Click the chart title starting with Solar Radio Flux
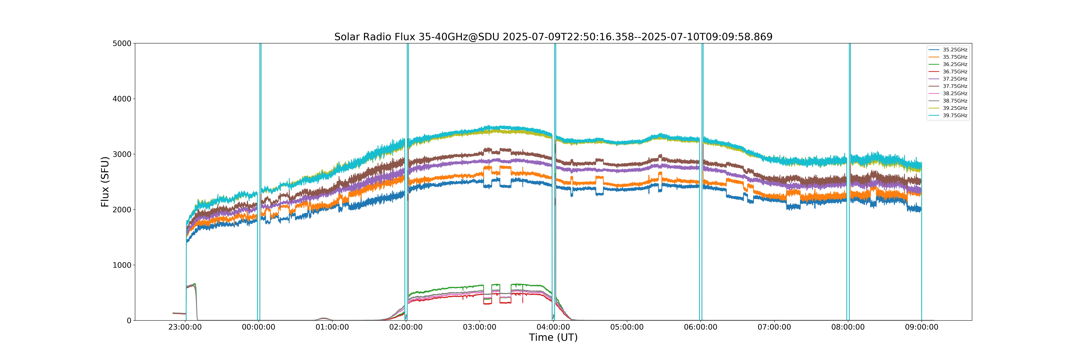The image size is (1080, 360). [x=553, y=37]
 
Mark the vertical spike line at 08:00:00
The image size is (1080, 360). [x=848, y=182]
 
